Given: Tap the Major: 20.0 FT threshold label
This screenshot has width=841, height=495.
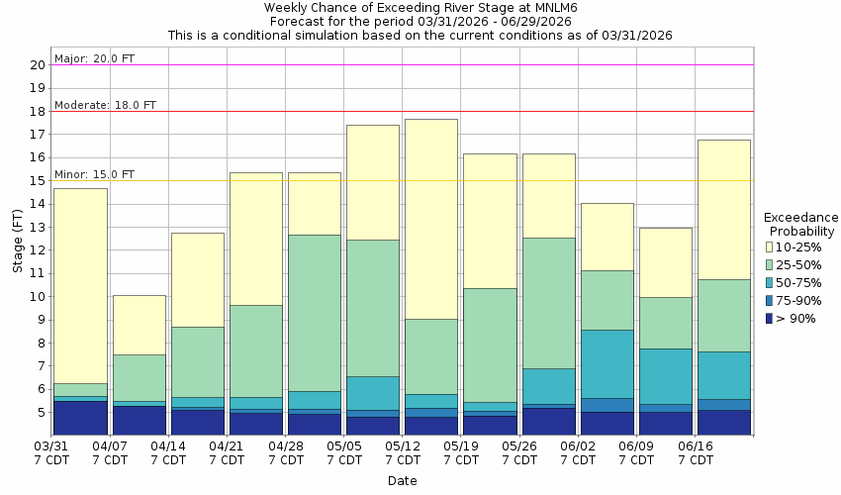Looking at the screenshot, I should (94, 58).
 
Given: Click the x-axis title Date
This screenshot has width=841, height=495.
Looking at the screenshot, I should (402, 481).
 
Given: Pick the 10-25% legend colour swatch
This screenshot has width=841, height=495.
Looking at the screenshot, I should (770, 247).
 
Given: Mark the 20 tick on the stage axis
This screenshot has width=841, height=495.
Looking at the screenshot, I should (39, 65).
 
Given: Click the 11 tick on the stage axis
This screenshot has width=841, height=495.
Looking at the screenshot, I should (39, 273).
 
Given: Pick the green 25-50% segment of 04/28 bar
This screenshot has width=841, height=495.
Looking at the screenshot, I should (314, 313).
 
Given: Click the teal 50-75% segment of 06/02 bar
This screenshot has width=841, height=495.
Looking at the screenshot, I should (607, 363).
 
